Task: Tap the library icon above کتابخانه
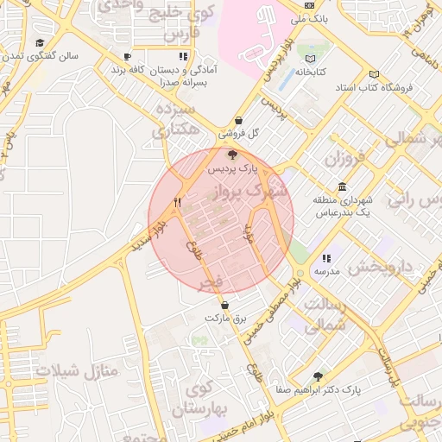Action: click(x=309, y=59)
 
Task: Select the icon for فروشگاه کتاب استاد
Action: click(x=373, y=74)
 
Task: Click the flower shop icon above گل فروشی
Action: click(x=238, y=122)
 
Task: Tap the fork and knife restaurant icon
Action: click(x=177, y=202)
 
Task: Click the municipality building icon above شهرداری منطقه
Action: click(x=343, y=187)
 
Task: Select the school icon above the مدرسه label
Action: click(x=325, y=258)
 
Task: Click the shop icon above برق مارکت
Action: click(x=224, y=305)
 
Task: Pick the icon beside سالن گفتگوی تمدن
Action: click(x=39, y=42)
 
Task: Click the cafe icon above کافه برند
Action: click(x=127, y=56)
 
